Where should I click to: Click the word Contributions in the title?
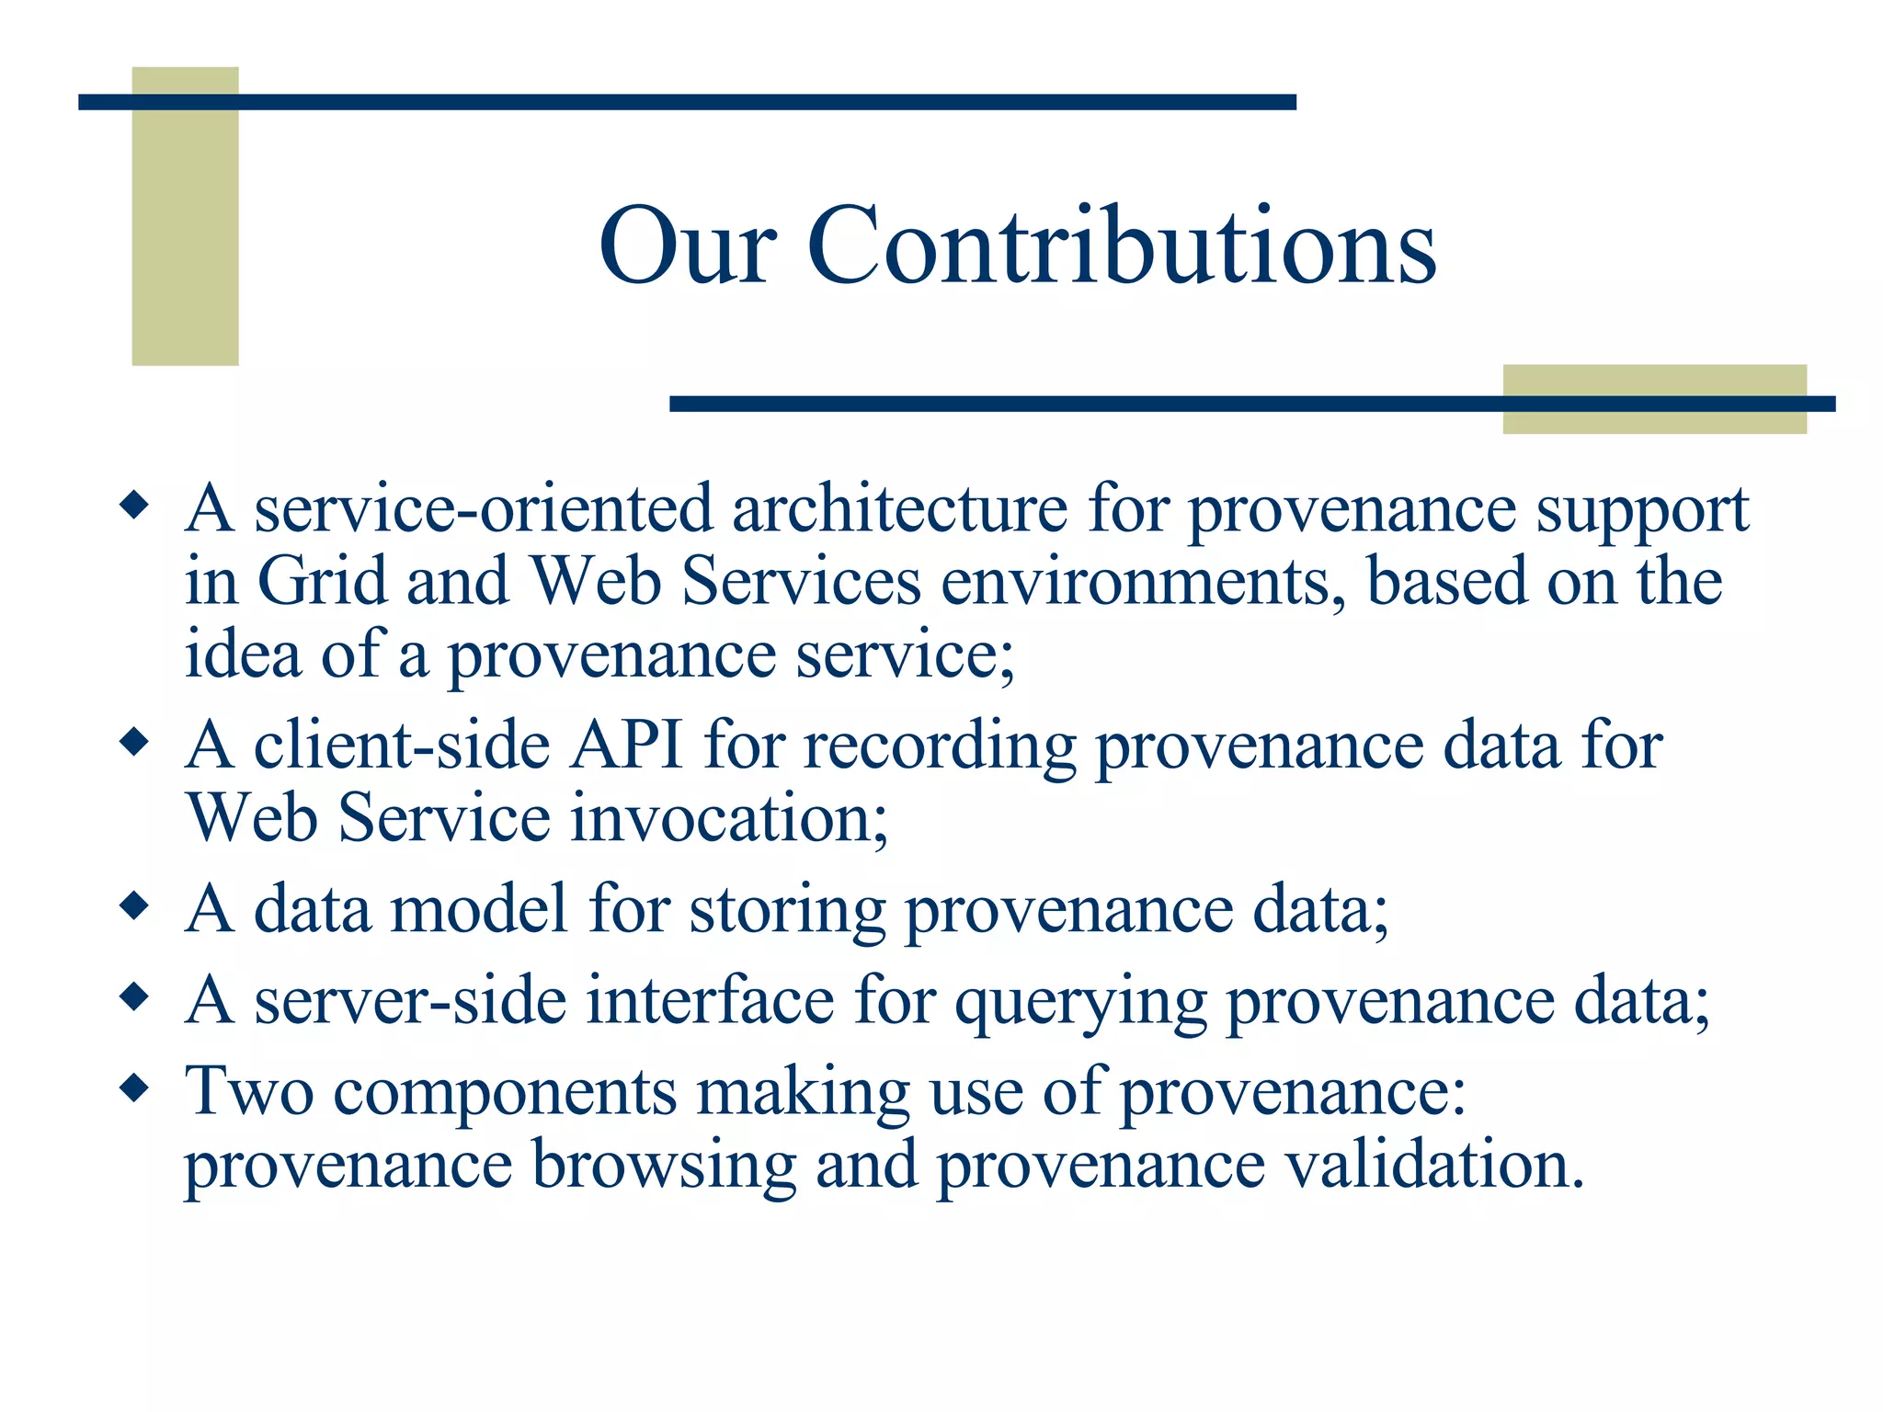[1121, 245]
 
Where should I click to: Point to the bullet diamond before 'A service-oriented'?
[134, 506]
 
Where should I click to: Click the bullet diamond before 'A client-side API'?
[134, 741]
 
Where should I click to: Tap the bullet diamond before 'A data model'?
[134, 906]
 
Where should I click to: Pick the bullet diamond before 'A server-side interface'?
[134, 996]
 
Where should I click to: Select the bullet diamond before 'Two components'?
[134, 1088]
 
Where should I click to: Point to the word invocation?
[729, 818]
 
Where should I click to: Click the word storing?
[787, 911]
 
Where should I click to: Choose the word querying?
[1080, 1002]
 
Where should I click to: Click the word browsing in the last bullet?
[663, 1167]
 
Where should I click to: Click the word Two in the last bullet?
[248, 1091]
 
